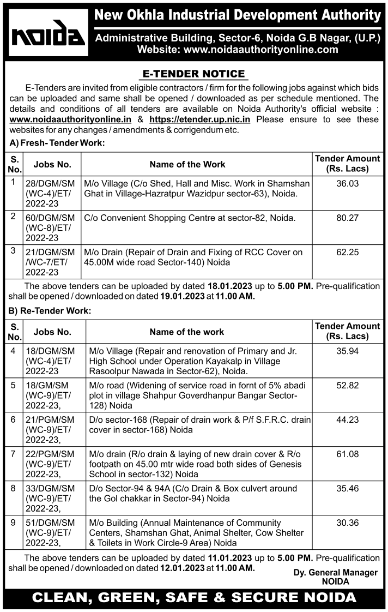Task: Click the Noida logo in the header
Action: click(48, 36)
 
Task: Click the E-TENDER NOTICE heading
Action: click(194, 74)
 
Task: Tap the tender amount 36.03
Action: click(348, 184)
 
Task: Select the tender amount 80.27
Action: click(348, 218)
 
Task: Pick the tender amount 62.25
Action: click(348, 252)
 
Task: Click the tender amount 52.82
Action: click(348, 385)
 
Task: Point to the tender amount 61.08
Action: click(348, 454)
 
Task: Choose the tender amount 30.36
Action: click(348, 523)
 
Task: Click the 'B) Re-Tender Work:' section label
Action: click(50, 310)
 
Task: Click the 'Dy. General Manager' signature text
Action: click(335, 572)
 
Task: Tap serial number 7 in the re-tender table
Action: click(14, 454)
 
